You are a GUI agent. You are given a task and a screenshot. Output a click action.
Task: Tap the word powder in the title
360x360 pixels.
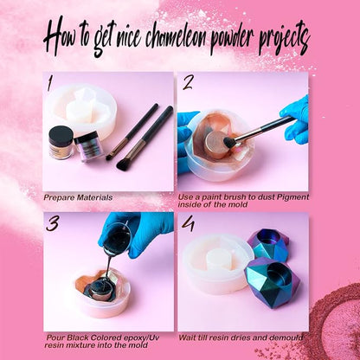[232, 40]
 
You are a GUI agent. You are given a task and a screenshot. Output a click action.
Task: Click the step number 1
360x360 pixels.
[50, 83]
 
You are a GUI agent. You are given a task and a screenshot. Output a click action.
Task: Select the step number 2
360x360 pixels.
[188, 83]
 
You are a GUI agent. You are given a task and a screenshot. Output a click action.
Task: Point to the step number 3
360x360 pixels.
[53, 224]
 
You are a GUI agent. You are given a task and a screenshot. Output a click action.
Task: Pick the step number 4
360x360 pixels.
[189, 223]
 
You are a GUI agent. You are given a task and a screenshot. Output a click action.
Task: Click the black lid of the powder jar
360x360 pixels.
[61, 132]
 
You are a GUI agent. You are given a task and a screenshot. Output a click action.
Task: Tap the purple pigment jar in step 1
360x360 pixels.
[86, 146]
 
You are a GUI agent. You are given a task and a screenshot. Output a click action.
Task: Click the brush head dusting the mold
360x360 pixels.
[230, 142]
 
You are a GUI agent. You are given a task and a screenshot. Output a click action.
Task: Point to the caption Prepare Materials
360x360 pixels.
[78, 197]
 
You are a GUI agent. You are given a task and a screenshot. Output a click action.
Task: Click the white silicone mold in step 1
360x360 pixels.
[83, 111]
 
